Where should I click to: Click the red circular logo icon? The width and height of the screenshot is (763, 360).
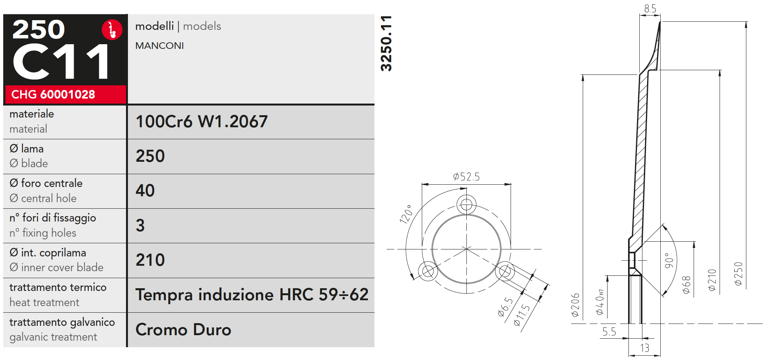[x=112, y=30]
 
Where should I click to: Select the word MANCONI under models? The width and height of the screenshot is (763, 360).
[x=159, y=46]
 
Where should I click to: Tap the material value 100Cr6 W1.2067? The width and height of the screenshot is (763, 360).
[x=202, y=121]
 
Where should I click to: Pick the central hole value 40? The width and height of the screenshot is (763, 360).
[x=145, y=190]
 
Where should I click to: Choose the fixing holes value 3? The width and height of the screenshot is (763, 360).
[x=140, y=225]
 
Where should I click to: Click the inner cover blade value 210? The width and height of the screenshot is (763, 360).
[x=150, y=260]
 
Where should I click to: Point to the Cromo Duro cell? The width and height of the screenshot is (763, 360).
[x=183, y=330]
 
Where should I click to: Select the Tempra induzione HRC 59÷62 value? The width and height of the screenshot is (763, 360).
[x=252, y=295]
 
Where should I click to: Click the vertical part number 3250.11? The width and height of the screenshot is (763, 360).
[x=386, y=43]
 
